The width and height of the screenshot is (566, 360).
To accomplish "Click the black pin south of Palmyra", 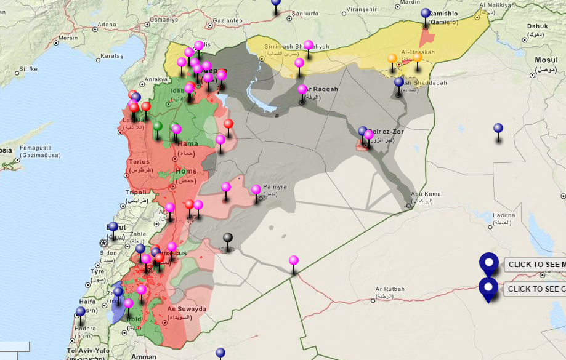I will tap(228, 238).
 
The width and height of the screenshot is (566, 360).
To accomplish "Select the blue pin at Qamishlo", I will tap(426, 14).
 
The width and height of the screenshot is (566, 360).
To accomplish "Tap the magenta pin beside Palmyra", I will tap(256, 190).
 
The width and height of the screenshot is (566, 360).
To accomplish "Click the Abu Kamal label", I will tap(422, 193).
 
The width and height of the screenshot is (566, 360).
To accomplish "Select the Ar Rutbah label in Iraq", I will tap(389, 289).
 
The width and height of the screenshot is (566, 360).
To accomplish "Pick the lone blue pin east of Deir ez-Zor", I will tap(498, 129).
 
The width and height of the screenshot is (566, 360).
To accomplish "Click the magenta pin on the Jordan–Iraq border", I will tap(294, 260).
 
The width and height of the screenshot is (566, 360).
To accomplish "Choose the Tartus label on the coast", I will tap(139, 162).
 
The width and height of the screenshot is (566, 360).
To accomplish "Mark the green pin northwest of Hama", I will tap(158, 127).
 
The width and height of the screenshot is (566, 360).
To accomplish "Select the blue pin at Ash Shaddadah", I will tap(399, 82).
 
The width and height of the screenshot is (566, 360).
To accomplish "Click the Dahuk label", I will tap(537, 26).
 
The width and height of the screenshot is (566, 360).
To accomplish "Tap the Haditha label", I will tap(503, 215).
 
